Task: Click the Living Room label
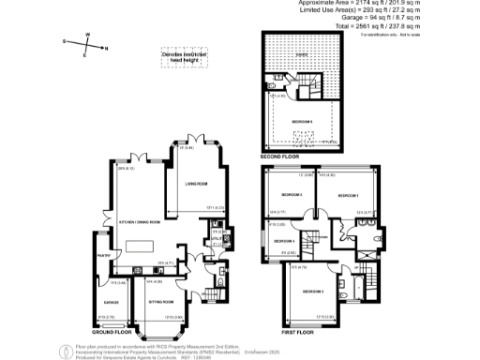click(x=195, y=184)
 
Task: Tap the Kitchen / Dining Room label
click(x=138, y=222)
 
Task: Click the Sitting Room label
click(x=161, y=303)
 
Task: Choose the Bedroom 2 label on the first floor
click(x=312, y=292)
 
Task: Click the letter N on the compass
click(x=107, y=48)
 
